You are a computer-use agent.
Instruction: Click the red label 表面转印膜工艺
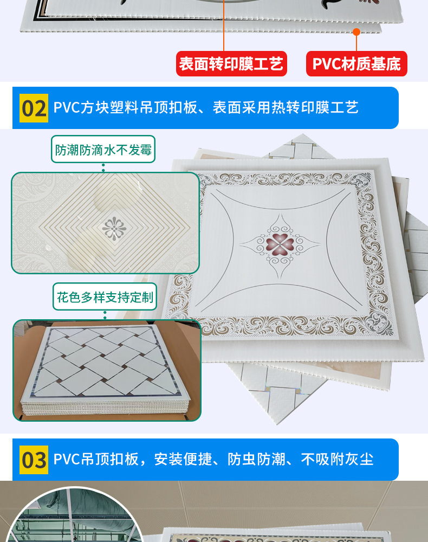231,64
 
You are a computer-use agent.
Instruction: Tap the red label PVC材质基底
356,64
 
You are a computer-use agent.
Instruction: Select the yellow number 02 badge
34,108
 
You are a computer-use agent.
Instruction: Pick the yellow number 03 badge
34,460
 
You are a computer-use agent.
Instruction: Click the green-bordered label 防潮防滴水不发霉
103,149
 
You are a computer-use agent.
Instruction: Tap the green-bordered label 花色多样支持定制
105,296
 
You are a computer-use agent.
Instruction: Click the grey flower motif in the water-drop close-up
114,228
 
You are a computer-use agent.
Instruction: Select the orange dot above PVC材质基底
356,31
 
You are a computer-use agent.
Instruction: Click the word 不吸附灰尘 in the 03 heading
337,460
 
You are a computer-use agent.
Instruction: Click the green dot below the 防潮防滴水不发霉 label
103,169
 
